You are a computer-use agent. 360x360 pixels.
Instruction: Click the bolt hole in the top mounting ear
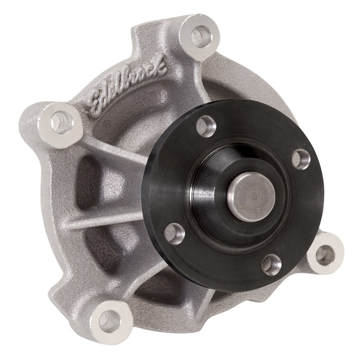[201, 36]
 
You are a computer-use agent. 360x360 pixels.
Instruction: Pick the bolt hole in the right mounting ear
[324, 255]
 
